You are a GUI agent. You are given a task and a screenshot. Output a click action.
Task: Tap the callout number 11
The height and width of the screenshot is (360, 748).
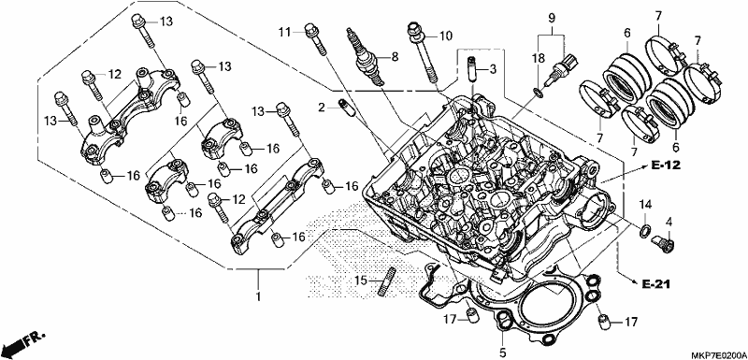click(285, 32)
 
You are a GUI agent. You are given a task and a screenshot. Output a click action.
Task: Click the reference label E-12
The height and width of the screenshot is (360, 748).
click(665, 166)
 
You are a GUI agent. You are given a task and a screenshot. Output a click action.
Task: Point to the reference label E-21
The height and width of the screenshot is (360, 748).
click(655, 284)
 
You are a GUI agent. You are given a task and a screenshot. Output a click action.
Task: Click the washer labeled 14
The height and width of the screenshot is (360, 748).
click(644, 231)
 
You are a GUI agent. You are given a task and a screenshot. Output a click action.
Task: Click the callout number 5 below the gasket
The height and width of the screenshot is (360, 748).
click(502, 353)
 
